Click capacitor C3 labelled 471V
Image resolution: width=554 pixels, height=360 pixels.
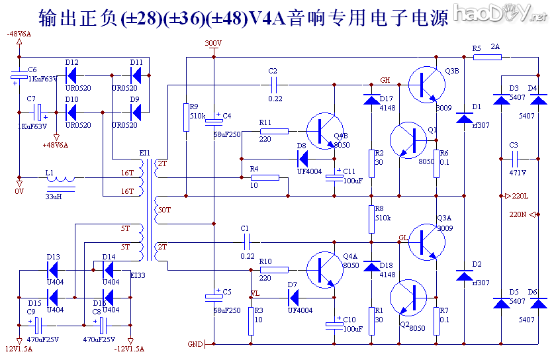(514, 159)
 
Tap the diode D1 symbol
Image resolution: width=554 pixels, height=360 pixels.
(464, 118)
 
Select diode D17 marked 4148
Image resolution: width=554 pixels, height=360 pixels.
(371, 100)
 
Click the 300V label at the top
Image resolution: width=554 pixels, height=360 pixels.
(213, 43)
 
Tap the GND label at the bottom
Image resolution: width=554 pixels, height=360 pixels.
(195, 344)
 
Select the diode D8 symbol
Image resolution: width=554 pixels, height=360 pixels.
(304, 158)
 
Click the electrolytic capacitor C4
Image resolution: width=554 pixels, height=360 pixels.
(214, 122)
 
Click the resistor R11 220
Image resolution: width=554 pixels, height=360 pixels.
(274, 132)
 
